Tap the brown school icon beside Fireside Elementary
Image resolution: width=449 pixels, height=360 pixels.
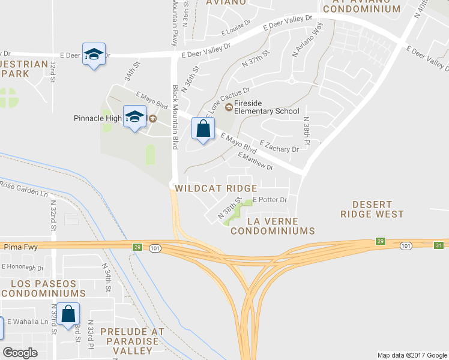(228, 108)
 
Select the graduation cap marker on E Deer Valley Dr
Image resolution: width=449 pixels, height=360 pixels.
(94, 55)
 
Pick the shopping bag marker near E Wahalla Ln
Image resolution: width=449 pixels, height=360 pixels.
(69, 314)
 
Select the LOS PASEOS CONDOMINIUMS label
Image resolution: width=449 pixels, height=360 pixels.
(43, 288)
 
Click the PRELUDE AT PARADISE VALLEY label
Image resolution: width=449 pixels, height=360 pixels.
(131, 336)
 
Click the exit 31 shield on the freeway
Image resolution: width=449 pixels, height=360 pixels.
(439, 245)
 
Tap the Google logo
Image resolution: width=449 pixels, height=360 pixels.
(20, 353)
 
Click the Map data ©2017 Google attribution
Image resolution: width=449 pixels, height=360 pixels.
(412, 355)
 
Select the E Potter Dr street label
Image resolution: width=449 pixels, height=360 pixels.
(270, 199)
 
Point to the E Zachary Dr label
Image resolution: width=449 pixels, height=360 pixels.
(279, 146)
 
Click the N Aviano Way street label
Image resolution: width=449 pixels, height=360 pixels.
(304, 43)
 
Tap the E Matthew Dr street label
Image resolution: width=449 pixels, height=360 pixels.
(255, 161)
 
